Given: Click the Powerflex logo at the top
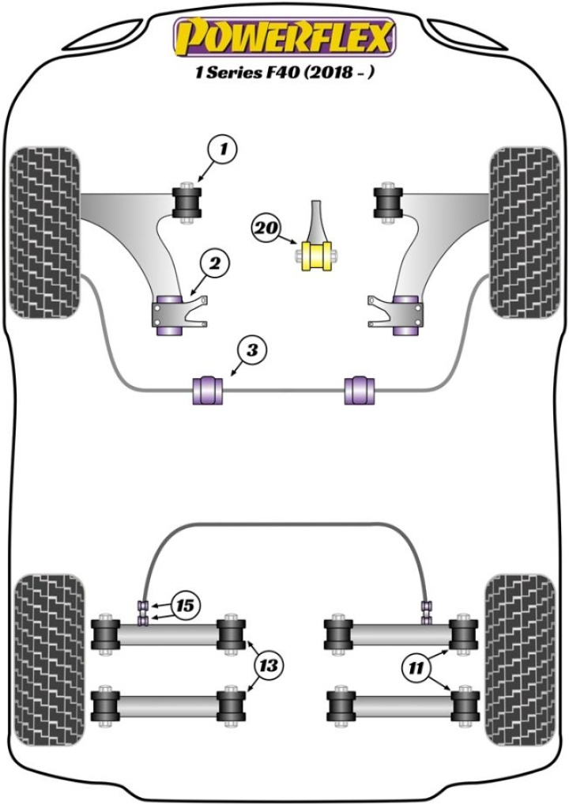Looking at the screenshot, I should coord(284,37).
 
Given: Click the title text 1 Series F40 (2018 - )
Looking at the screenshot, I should coord(284,74).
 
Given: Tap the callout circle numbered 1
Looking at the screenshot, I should coord(224,149).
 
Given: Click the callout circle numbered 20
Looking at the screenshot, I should coord(266,229).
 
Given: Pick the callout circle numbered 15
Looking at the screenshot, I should coord(185,607).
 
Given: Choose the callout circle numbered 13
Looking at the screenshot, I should coord(269,666).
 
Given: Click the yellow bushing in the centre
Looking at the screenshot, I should coord(315,255).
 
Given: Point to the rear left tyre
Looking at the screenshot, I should coord(48,663).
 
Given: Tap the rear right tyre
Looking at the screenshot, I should coord(519,663).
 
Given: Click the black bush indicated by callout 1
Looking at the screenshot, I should coord(188,202).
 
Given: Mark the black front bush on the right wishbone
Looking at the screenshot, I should coord(389,202).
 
